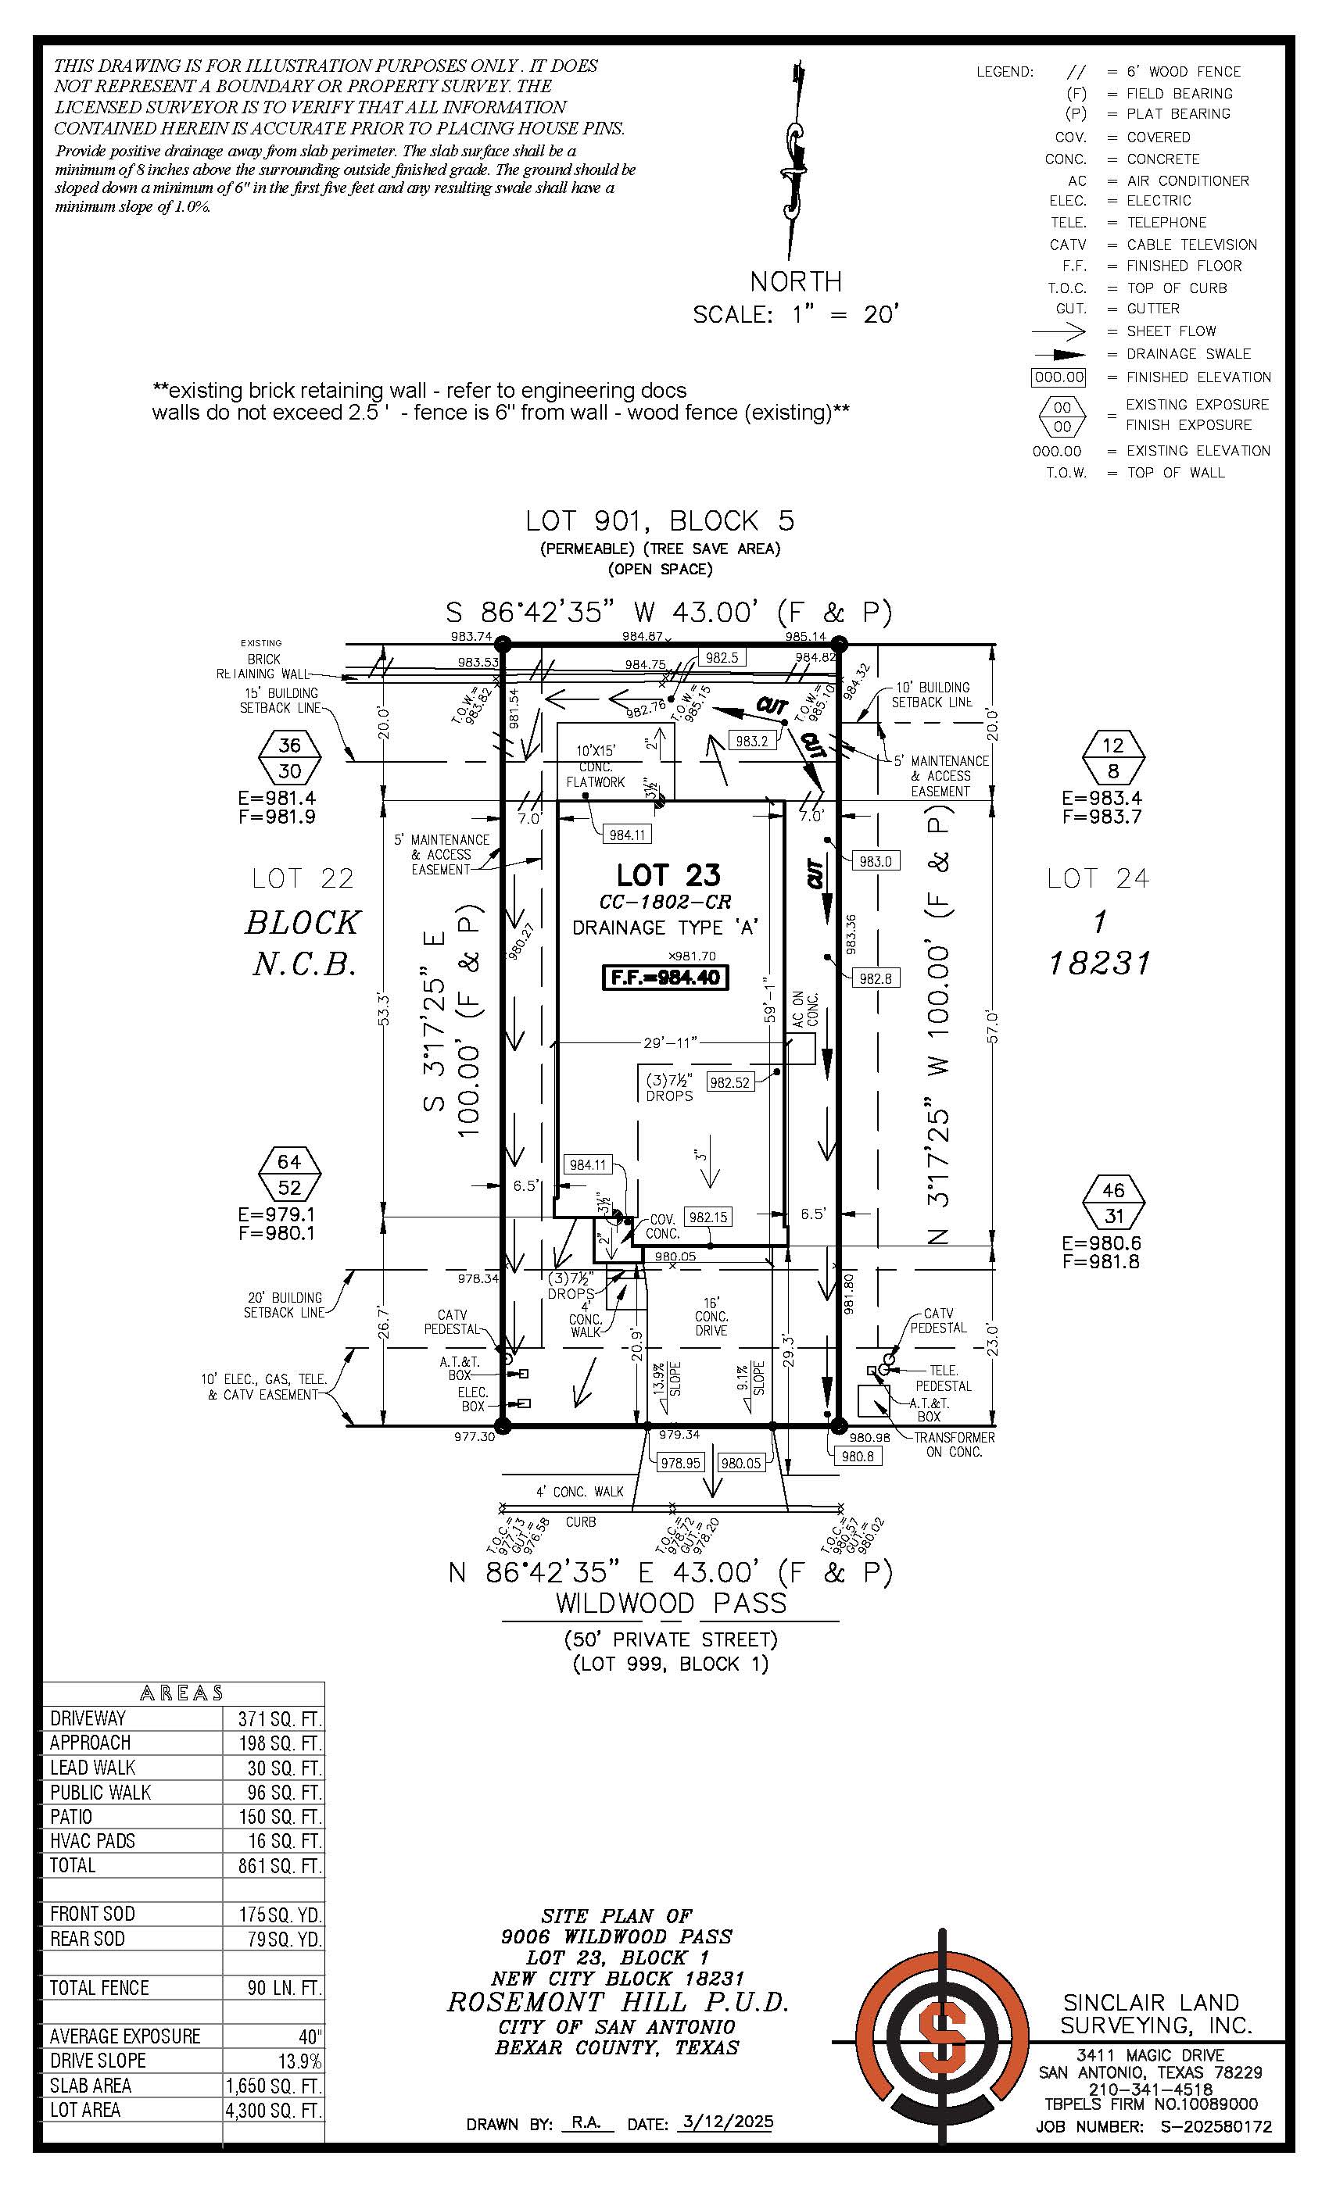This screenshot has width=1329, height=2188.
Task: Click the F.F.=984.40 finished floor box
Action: pos(665,978)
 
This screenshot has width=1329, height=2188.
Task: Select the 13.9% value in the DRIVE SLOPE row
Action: pos(299,2060)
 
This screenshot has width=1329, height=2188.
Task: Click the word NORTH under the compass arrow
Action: pos(795,281)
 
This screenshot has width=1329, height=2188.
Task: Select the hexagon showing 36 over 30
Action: pos(289,757)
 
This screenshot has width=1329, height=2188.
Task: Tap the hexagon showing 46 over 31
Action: pos(1113,1203)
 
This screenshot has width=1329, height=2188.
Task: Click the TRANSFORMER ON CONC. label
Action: pos(954,1444)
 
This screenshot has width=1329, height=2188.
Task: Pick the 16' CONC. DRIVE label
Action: pos(711,1317)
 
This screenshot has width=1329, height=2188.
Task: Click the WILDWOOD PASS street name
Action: pos(671,1603)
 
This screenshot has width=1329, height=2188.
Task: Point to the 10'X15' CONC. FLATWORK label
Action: pos(595,767)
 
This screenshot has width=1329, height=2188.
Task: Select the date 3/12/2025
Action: pos(725,2122)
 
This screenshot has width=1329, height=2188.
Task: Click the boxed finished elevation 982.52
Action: pos(729,1081)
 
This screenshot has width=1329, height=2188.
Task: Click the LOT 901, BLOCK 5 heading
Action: pos(659,520)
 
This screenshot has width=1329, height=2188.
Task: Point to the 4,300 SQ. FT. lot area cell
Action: pos(274,2110)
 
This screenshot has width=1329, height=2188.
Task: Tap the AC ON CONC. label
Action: pos(805,1010)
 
